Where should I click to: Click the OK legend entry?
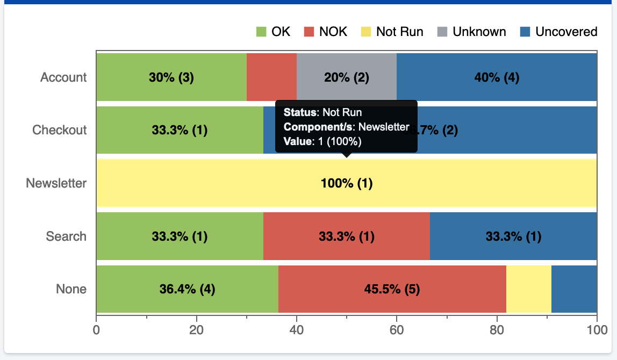(x=273, y=32)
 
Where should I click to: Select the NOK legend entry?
(x=326, y=32)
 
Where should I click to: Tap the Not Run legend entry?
(x=393, y=32)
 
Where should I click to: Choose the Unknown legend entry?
(x=472, y=32)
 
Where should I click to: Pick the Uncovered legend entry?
(x=559, y=32)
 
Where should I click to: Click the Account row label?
(x=63, y=77)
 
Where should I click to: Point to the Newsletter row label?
(x=56, y=183)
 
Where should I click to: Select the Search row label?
(x=66, y=236)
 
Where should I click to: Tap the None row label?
(x=71, y=289)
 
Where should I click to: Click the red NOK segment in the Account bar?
(x=271, y=77)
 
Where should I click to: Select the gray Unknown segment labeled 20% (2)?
(x=347, y=77)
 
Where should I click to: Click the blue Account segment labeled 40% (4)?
(x=497, y=77)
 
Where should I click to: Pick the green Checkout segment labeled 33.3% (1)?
(x=180, y=130)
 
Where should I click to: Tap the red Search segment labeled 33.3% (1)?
(x=347, y=236)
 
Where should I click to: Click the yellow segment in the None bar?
(x=528, y=289)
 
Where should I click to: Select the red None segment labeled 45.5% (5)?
(x=392, y=289)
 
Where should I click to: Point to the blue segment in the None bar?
(x=574, y=289)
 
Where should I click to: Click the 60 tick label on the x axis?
(x=397, y=329)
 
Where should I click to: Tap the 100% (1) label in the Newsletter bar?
(x=347, y=183)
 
